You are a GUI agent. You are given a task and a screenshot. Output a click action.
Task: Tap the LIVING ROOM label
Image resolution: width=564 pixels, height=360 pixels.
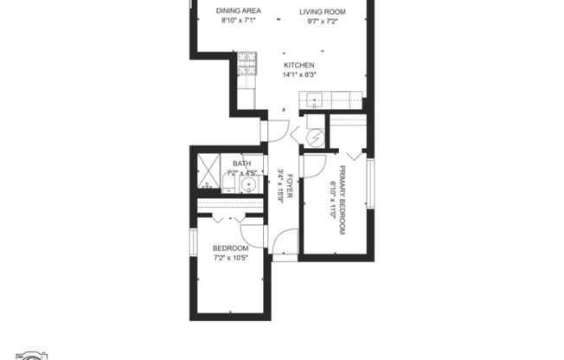(323, 11)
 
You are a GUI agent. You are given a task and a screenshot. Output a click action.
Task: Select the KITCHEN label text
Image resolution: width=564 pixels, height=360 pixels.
(299, 65)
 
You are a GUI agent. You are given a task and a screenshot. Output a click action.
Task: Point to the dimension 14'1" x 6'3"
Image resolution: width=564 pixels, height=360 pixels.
(299, 75)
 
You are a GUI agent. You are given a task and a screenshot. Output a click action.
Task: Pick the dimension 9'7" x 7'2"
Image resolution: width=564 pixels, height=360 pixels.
(323, 21)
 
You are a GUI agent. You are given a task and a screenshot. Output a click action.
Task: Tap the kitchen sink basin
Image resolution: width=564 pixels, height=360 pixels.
(312, 98)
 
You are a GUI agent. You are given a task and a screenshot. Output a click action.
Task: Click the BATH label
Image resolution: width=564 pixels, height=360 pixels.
(241, 163)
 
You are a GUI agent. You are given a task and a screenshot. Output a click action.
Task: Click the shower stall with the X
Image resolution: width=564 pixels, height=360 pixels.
(208, 170)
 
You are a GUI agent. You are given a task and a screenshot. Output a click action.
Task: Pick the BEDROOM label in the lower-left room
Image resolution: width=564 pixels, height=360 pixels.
(231, 249)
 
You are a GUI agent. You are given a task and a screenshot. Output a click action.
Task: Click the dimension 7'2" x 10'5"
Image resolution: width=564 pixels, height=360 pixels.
(231, 259)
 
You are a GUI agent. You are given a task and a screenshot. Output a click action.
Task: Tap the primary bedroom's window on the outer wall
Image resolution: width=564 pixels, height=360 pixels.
(370, 183)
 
